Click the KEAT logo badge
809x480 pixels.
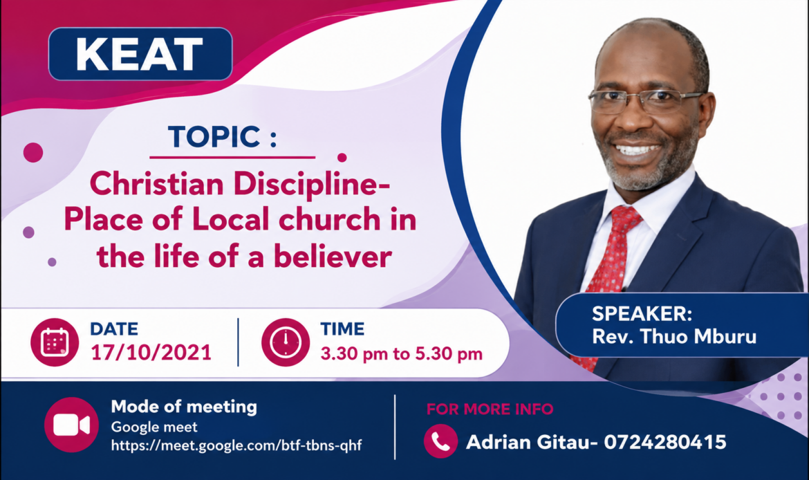coord(140,54)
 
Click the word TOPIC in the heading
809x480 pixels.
coord(214,137)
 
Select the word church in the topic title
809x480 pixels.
coord(330,219)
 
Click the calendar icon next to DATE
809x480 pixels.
coord(55,342)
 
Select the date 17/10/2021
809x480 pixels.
coord(151,353)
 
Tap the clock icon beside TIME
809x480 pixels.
coord(286,342)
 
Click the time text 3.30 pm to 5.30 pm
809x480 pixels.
coord(402,353)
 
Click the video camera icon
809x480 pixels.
coord(71,425)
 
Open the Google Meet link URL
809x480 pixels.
coord(236,445)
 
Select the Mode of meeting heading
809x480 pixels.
coord(184,407)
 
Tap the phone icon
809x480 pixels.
coord(440,441)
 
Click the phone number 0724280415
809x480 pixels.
coord(665,442)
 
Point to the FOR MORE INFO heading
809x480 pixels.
coord(490,409)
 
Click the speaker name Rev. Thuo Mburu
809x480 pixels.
coord(674,337)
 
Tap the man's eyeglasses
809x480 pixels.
coord(645,102)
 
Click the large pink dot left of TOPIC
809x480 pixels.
coord(33,152)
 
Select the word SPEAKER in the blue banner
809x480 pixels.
coord(642,314)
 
